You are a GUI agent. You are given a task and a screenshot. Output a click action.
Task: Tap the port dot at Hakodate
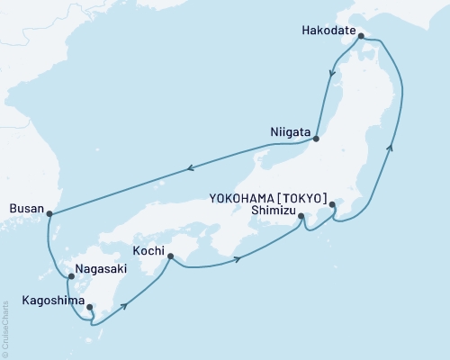(361, 37)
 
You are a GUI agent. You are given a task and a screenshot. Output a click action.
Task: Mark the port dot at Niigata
(316, 139)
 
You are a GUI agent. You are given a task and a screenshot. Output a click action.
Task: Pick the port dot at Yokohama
(333, 205)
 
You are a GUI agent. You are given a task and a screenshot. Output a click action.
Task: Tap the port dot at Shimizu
(301, 217)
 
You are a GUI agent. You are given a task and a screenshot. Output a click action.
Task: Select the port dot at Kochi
(170, 256)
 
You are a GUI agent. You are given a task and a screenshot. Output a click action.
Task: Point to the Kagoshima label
(37, 298)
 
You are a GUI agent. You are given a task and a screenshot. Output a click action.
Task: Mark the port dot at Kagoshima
(89, 308)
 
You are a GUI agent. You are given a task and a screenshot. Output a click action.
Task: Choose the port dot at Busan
(49, 213)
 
